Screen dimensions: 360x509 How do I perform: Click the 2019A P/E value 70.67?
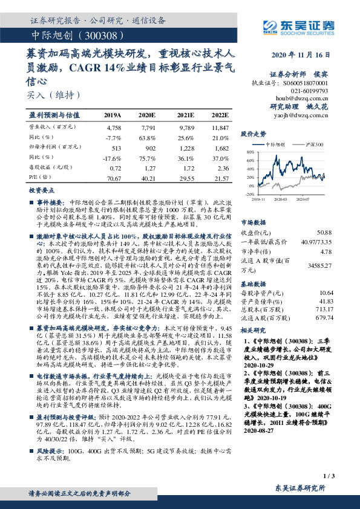(113, 179)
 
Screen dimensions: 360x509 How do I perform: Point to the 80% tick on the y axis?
(250, 153)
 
